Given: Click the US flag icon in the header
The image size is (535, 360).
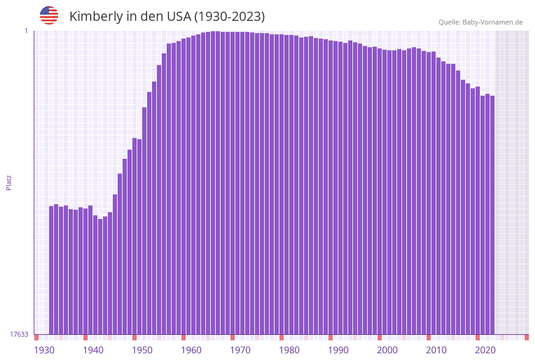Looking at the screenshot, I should pos(49,15).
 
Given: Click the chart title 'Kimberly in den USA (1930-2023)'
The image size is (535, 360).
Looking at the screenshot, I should pos(167,17).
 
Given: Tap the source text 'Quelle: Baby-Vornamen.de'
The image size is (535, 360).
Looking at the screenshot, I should pos(480,22).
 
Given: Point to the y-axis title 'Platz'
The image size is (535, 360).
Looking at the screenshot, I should pos(9,182).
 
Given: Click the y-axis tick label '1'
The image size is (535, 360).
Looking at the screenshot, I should pos(26,31).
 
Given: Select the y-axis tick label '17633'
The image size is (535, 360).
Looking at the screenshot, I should pos(19,334).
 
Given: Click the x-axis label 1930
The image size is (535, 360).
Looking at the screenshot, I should pos(44,350).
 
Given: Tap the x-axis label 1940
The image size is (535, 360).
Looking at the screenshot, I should pos(93,350).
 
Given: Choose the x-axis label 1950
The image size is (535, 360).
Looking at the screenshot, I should pos(142,350).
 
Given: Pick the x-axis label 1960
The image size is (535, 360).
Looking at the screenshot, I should pos(191,350).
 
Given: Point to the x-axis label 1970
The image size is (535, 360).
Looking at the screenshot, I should pos(240,350).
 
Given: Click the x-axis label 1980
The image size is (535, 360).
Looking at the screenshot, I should pos(289,350).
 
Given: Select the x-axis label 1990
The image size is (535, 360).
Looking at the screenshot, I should pos(338,350).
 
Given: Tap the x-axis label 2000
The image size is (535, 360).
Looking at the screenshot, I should pos(387,350).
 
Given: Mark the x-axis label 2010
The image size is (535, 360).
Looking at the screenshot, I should pos(436,350).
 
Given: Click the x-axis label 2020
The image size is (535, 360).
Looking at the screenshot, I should pos(485,350).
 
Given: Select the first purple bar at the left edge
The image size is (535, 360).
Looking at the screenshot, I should pos(51,270).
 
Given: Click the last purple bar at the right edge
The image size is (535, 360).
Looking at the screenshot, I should pos(492,215).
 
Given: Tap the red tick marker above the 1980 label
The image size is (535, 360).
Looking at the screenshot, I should pos(282,337).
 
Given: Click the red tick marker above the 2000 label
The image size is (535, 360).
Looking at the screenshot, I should pos(380,337).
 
